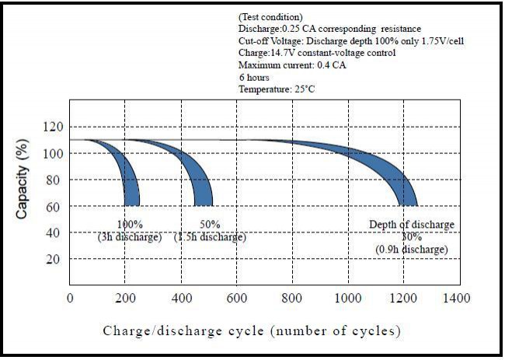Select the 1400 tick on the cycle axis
(x=457, y=298)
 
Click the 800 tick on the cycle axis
(x=291, y=298)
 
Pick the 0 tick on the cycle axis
(x=71, y=298)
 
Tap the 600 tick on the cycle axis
(x=236, y=298)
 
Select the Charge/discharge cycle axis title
(x=252, y=331)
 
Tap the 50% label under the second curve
(x=210, y=225)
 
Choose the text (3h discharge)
(x=129, y=237)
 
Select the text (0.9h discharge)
(x=412, y=250)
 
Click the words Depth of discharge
(x=412, y=225)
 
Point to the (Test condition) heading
(x=270, y=16)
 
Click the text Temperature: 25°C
(x=277, y=89)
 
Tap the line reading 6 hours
(x=255, y=77)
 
